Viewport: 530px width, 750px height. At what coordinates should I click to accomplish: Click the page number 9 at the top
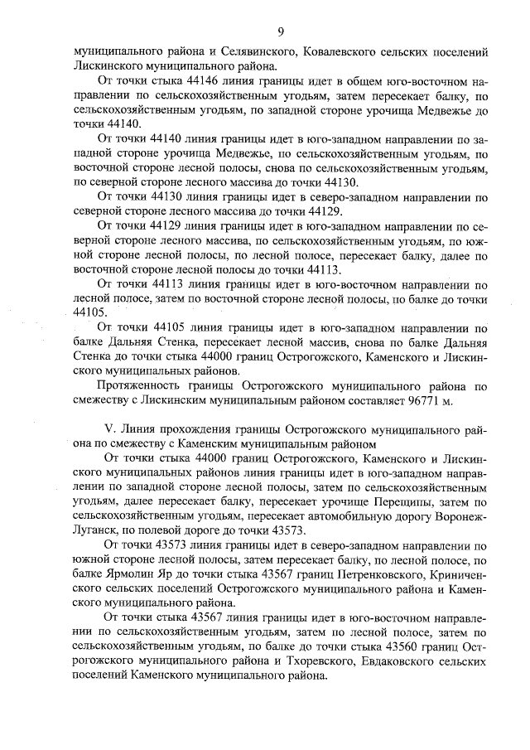pyautogui.click(x=281, y=32)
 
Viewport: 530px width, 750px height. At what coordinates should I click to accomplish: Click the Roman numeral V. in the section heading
pyautogui.click(x=105, y=431)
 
